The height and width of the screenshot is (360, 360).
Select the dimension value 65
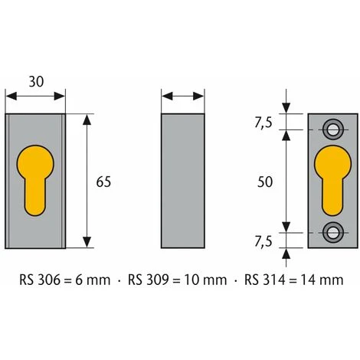pos(103,182)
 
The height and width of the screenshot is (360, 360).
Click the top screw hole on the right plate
pos(333,126)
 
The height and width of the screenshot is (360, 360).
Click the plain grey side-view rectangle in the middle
pos(183,181)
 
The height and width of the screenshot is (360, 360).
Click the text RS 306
pos(40,279)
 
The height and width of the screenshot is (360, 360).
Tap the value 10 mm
pos(205,279)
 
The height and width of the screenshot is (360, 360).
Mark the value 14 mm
pos(322,279)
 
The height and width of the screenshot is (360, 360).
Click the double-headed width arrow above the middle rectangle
pos(183,97)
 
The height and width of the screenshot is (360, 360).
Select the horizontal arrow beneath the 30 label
pos(35,97)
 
